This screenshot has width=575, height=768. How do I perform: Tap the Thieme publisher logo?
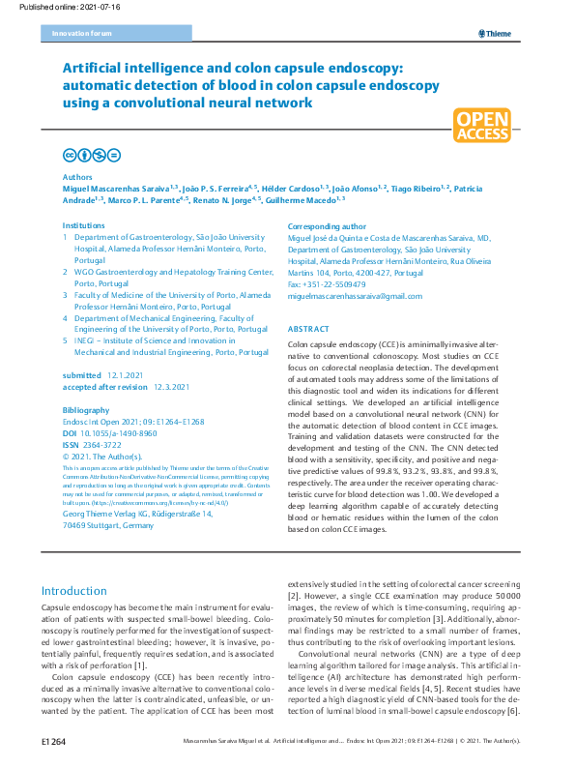(496, 34)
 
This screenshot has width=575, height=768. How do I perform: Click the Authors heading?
(77, 178)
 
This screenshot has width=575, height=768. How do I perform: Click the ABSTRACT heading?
(309, 329)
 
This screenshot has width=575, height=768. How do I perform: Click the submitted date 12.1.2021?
(127, 374)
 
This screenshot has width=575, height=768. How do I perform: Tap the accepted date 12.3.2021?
(172, 386)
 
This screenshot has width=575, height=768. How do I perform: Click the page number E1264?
(53, 741)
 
